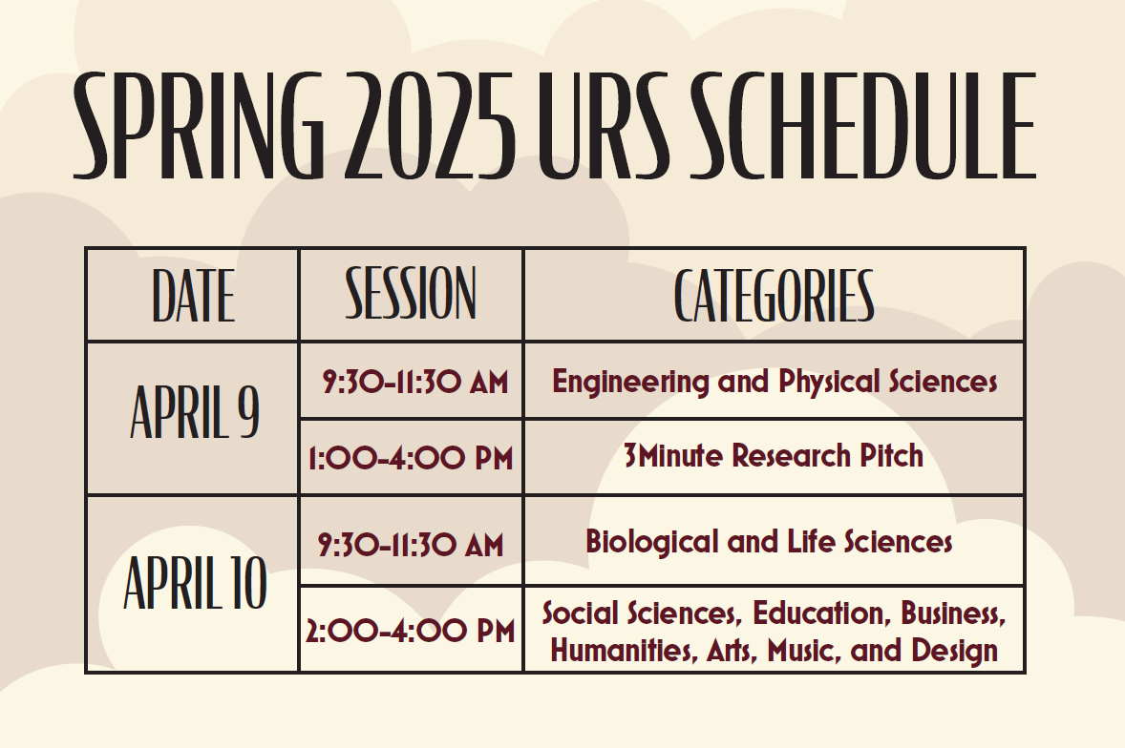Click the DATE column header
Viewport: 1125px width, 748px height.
click(x=193, y=295)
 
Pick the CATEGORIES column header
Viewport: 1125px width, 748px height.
click(x=775, y=295)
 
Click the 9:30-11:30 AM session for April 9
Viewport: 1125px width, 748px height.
click(x=414, y=382)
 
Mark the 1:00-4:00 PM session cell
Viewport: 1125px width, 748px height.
click(x=411, y=458)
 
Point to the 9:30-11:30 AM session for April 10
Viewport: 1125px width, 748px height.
click(x=411, y=545)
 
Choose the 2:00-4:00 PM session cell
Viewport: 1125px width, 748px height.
click(x=411, y=632)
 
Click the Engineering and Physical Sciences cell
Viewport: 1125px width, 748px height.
click(x=775, y=382)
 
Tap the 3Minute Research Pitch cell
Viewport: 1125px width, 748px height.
click(x=774, y=456)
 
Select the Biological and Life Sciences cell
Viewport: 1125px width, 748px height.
click(x=769, y=542)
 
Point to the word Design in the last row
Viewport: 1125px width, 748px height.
click(x=954, y=651)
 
